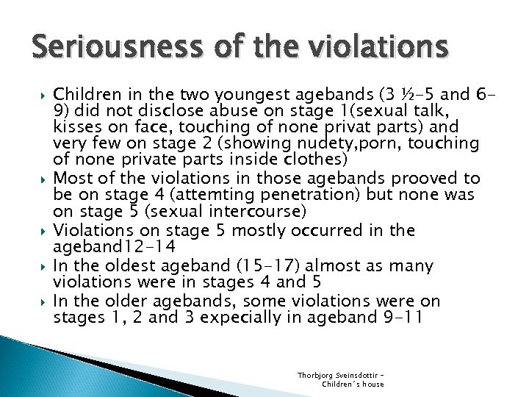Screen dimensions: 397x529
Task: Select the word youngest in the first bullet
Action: [x=230, y=94]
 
